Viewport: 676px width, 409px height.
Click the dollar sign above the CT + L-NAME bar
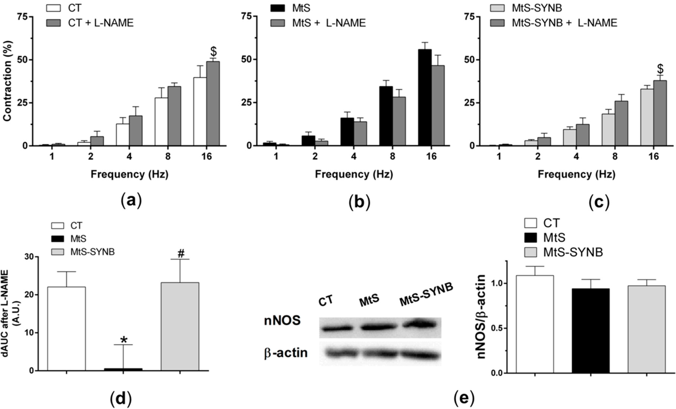[213, 51]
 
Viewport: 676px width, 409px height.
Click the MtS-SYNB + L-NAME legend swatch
[497, 23]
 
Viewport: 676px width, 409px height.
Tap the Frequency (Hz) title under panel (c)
[576, 174]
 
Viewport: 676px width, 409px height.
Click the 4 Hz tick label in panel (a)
[129, 157]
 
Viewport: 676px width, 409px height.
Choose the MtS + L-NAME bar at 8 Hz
[399, 121]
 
